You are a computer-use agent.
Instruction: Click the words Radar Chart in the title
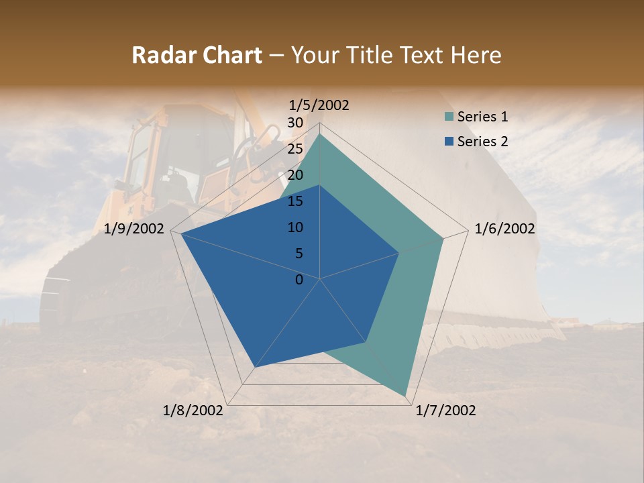click(197, 56)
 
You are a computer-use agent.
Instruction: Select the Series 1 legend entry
click(482, 117)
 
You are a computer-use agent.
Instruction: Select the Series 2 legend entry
click(482, 142)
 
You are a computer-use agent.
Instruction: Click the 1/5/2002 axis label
click(319, 105)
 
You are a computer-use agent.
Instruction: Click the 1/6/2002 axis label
click(504, 229)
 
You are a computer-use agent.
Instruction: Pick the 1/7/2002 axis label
click(445, 411)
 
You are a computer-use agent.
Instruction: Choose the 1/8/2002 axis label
click(193, 411)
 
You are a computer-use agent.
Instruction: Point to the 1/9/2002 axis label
click(134, 229)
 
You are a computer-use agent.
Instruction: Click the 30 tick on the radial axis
click(295, 123)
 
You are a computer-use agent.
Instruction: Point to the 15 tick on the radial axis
click(295, 201)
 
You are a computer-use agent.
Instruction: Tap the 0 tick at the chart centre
click(299, 280)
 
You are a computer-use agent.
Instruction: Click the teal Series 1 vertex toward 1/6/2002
click(443, 238)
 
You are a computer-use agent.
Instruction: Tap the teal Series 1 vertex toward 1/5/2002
click(320, 134)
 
